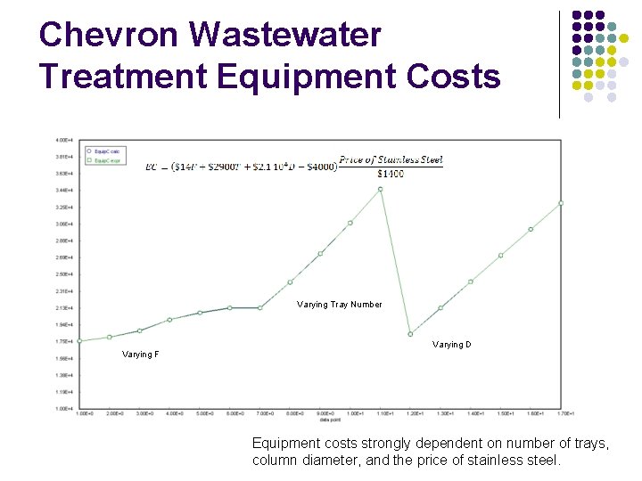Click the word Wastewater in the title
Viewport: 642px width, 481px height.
click(285, 35)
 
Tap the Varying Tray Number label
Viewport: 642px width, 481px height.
click(340, 305)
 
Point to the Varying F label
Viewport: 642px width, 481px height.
click(141, 355)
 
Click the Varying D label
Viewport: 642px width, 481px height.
click(452, 345)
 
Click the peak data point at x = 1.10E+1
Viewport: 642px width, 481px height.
click(380, 189)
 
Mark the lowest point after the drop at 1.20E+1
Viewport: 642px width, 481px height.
click(410, 334)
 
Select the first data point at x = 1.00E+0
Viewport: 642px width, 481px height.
click(79, 341)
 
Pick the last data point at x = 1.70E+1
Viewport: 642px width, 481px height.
click(561, 203)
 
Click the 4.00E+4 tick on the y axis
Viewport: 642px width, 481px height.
click(64, 140)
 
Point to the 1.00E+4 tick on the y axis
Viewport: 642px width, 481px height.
click(64, 409)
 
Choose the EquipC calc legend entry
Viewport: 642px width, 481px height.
click(107, 153)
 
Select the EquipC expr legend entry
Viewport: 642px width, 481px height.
click(107, 160)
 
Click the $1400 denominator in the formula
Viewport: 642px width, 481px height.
click(391, 173)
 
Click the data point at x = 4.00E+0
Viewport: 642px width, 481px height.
click(169, 320)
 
